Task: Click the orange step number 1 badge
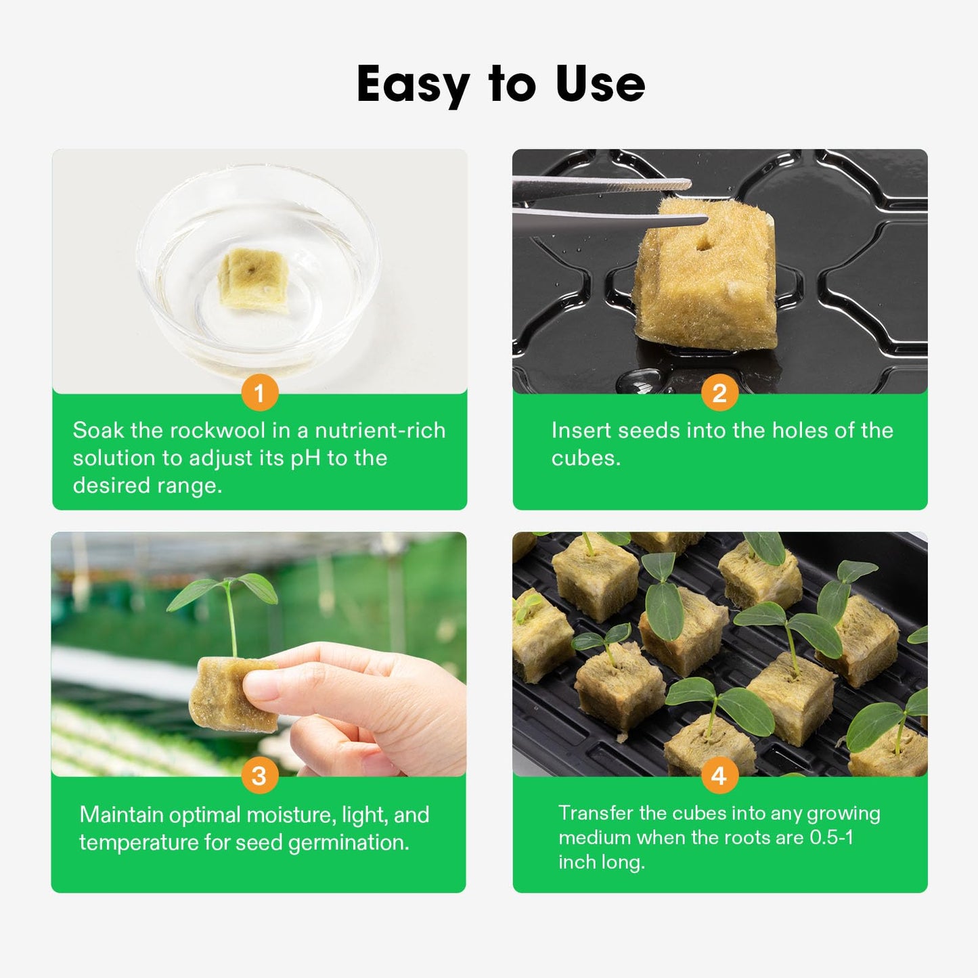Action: pyautogui.click(x=259, y=393)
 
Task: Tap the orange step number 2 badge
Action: pyautogui.click(x=719, y=393)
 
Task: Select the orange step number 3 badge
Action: pyautogui.click(x=259, y=776)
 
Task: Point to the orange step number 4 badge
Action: pyautogui.click(x=719, y=776)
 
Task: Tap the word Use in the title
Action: pyautogui.click(x=600, y=85)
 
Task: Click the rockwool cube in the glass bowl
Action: pyautogui.click(x=252, y=280)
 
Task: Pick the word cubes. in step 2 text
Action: pyautogui.click(x=585, y=458)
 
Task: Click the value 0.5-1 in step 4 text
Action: pyautogui.click(x=831, y=838)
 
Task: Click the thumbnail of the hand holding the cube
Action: pyautogui.click(x=259, y=654)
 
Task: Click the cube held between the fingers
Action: pyautogui.click(x=227, y=694)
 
